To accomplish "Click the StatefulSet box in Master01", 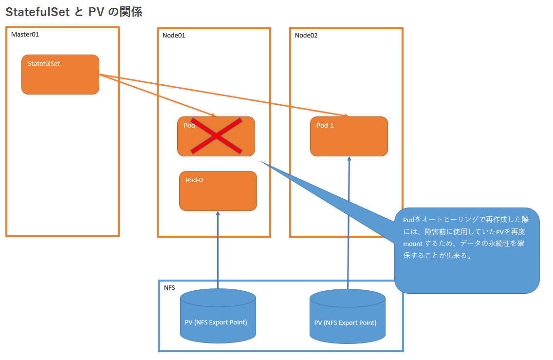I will click(60, 75).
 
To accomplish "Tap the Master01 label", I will click(24, 35).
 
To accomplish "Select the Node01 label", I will click(174, 35).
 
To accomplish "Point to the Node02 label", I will click(306, 35).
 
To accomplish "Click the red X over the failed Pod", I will click(216, 136).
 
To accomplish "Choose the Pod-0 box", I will click(218, 191).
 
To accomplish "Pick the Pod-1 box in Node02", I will click(349, 136).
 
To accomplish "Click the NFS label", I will click(169, 288).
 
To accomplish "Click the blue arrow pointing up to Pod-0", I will click(218, 248).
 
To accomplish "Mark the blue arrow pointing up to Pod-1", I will click(349, 224).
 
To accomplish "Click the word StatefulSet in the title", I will click(38, 12).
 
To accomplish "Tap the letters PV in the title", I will click(96, 12).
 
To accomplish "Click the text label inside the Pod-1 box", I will click(325, 125).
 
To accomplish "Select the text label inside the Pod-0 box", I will click(194, 180).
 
